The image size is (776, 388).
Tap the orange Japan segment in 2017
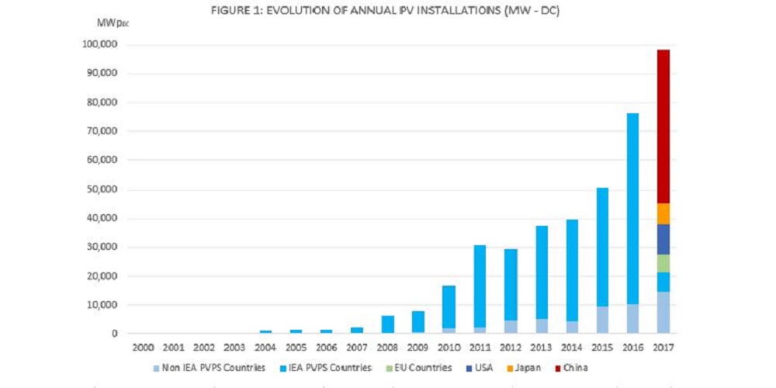663,214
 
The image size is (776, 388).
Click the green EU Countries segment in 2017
663,263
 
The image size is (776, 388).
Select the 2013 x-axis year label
541,348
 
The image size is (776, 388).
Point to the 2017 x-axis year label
663,348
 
